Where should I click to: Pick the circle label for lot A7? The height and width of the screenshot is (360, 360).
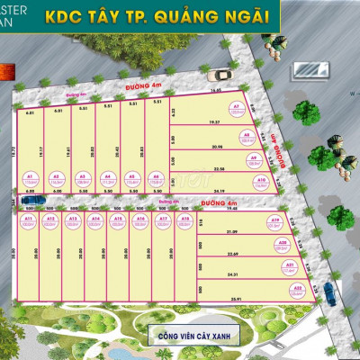point(237,110)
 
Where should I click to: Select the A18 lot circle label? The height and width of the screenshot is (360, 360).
point(184,220)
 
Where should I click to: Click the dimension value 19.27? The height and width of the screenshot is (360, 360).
point(214,122)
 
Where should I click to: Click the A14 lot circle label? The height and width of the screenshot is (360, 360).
point(95,220)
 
